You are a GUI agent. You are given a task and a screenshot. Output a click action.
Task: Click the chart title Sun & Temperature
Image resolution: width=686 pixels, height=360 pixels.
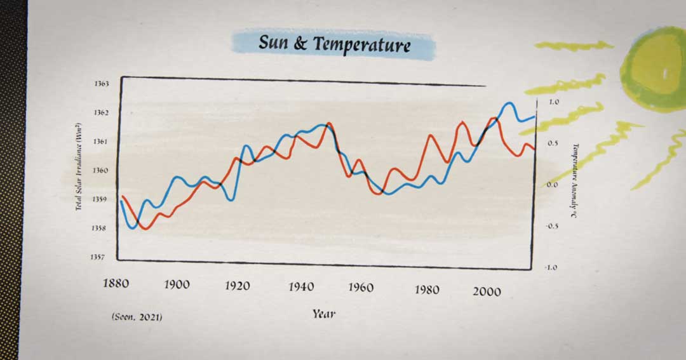click(334, 44)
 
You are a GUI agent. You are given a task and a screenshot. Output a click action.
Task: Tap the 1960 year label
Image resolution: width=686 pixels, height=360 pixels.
click(361, 287)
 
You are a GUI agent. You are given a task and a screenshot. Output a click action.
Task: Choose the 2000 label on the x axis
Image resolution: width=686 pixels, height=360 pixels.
click(487, 291)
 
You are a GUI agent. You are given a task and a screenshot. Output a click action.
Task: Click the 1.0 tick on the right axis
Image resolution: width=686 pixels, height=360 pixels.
click(552, 102)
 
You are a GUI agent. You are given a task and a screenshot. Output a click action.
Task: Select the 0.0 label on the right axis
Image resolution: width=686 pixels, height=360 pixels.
click(552, 185)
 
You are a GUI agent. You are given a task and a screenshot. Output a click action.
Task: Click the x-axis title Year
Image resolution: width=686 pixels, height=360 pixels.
click(323, 314)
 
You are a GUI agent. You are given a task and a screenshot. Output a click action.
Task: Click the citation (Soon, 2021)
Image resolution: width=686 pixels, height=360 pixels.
click(136, 316)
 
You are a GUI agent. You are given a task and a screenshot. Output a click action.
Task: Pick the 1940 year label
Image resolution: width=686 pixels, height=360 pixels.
click(300, 286)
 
